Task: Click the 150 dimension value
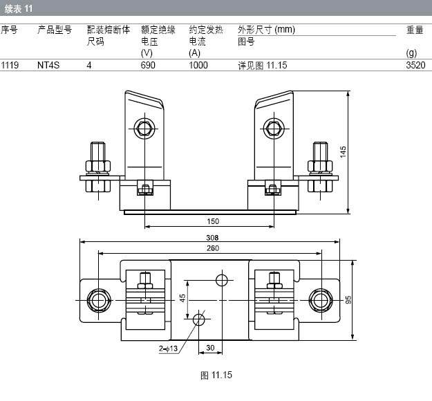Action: tap(213, 221)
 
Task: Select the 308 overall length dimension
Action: tap(212, 238)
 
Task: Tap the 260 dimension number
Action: tap(213, 248)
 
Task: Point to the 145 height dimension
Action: tap(343, 152)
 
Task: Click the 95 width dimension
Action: tap(348, 300)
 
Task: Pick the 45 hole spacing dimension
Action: tap(182, 298)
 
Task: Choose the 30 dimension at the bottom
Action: tap(210, 348)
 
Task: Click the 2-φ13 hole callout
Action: tap(168, 348)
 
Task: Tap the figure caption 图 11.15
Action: tap(216, 375)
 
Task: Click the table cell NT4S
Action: tap(48, 65)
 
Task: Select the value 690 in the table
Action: tap(148, 65)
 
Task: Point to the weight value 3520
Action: tap(415, 65)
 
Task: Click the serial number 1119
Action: tap(10, 65)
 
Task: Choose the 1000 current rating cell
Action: tap(198, 65)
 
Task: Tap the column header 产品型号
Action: tap(55, 30)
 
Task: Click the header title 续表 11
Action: tap(19, 9)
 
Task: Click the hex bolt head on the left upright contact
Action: tap(144, 129)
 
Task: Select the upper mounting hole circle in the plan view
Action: tap(222, 280)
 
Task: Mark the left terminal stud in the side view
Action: tap(98, 167)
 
